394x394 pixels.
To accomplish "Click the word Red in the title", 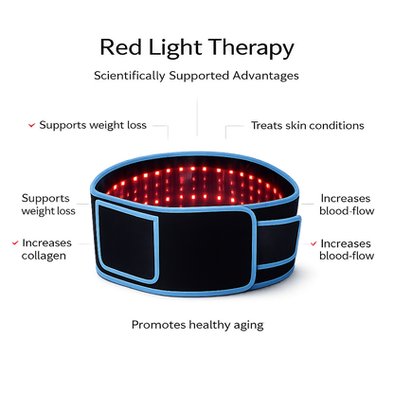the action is pos(121,47).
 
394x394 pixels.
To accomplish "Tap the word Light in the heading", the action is pos(175,48).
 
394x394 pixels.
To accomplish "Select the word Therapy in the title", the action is pos(251,48).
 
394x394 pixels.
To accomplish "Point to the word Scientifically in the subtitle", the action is pos(130,76).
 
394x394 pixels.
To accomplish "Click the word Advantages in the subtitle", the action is pos(266,76).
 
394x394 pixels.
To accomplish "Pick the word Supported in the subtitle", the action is pos(199,76).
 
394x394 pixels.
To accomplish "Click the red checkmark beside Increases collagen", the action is pos(15,242).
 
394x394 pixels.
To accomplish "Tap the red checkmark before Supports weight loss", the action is pos(31,125).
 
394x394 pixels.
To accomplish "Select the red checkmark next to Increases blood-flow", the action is pos(313,243).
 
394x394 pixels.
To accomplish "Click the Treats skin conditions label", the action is pos(308,125).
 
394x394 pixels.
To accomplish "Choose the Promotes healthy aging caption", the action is pos(198,325).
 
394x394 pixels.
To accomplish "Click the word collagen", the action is pos(44,256).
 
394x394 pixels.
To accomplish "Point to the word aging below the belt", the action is pos(249,326).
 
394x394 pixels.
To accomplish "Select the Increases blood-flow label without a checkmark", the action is pos(347,205).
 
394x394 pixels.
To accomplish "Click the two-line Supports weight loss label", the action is pos(48,205).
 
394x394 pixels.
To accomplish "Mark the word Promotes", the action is pos(159,325).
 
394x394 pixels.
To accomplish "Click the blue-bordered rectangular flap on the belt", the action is pos(127,242).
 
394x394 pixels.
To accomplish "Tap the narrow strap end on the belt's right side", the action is pos(278,243).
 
